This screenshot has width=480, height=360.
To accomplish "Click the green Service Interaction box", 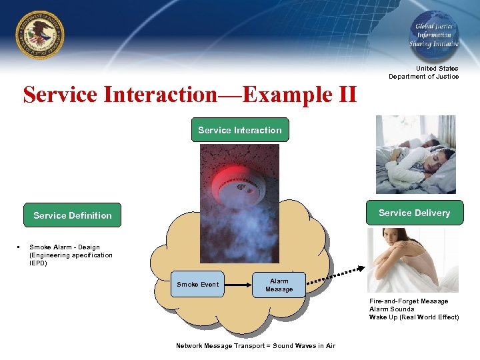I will (240, 130).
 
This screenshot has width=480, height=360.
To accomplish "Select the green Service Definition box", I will (73, 215).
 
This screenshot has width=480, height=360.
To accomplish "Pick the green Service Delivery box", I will (414, 213).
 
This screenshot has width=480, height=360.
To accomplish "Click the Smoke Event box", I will (197, 285).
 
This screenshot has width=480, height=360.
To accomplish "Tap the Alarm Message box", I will (279, 285).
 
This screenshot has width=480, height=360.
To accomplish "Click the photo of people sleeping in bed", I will (415, 154).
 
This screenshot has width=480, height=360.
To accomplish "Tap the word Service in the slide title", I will (61, 95).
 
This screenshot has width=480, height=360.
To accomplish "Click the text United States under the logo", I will (437, 69).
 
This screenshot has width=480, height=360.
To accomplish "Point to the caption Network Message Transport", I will (255, 345).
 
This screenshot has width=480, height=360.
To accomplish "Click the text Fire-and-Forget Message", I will (409, 301).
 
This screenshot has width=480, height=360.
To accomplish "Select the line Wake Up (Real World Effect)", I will (414, 317).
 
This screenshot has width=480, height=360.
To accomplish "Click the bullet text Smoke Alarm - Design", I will (65, 247).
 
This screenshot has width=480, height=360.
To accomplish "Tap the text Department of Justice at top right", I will (424, 77).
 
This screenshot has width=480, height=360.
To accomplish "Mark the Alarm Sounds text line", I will (392, 309).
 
